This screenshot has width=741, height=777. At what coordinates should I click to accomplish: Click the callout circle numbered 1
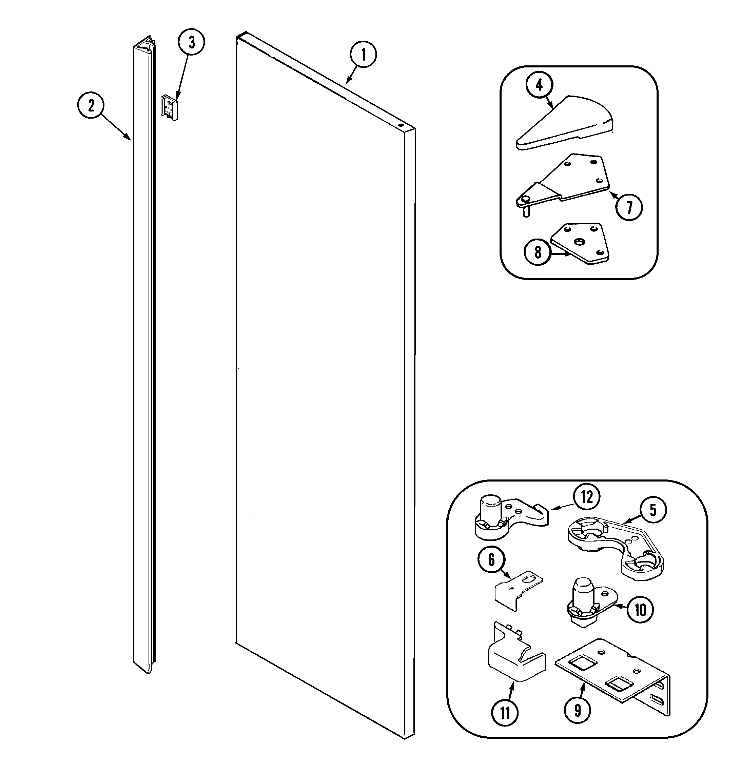point(363,55)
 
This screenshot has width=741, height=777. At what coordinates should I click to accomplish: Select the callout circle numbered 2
point(91,105)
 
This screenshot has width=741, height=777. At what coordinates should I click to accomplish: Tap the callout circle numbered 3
point(191,42)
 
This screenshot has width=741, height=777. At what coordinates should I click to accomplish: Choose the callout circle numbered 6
point(491,559)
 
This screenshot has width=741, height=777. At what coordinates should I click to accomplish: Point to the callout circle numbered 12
point(587,497)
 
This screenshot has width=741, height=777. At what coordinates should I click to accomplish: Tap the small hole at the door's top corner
point(401,125)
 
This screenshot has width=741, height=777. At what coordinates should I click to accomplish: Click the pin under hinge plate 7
point(526,212)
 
